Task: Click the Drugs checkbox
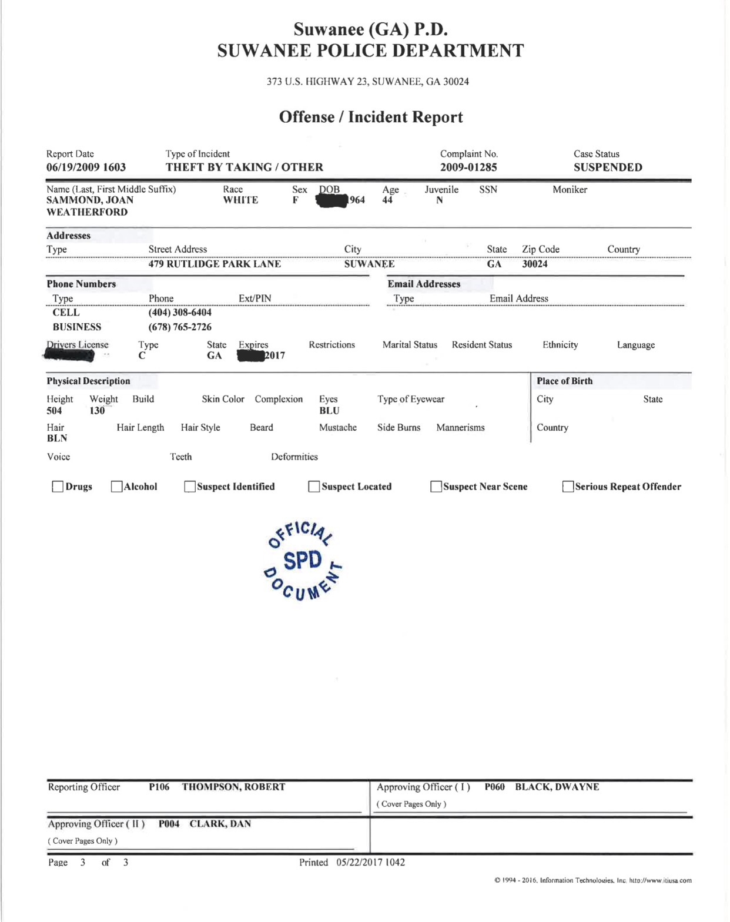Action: coord(58,487)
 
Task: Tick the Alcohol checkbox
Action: coord(116,487)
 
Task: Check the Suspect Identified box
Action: coord(189,487)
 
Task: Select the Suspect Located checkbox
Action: coord(314,487)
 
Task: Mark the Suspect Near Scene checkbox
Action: coord(436,487)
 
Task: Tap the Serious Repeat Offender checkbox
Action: coord(568,487)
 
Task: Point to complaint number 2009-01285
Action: coord(468,167)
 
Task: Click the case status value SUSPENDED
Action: coord(608,167)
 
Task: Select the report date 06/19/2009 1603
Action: coord(86,167)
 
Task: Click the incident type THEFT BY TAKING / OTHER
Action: coord(244,167)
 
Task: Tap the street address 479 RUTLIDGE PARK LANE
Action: coord(215,264)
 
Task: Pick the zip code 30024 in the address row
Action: coord(534,264)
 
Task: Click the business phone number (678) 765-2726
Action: coord(180,327)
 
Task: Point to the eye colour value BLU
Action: coord(329,411)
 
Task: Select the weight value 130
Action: coord(97,411)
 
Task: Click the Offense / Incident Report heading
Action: coord(371,117)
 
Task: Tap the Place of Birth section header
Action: coord(564,381)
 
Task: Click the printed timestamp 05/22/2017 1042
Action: coord(370,862)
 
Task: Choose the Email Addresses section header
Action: coord(424,284)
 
